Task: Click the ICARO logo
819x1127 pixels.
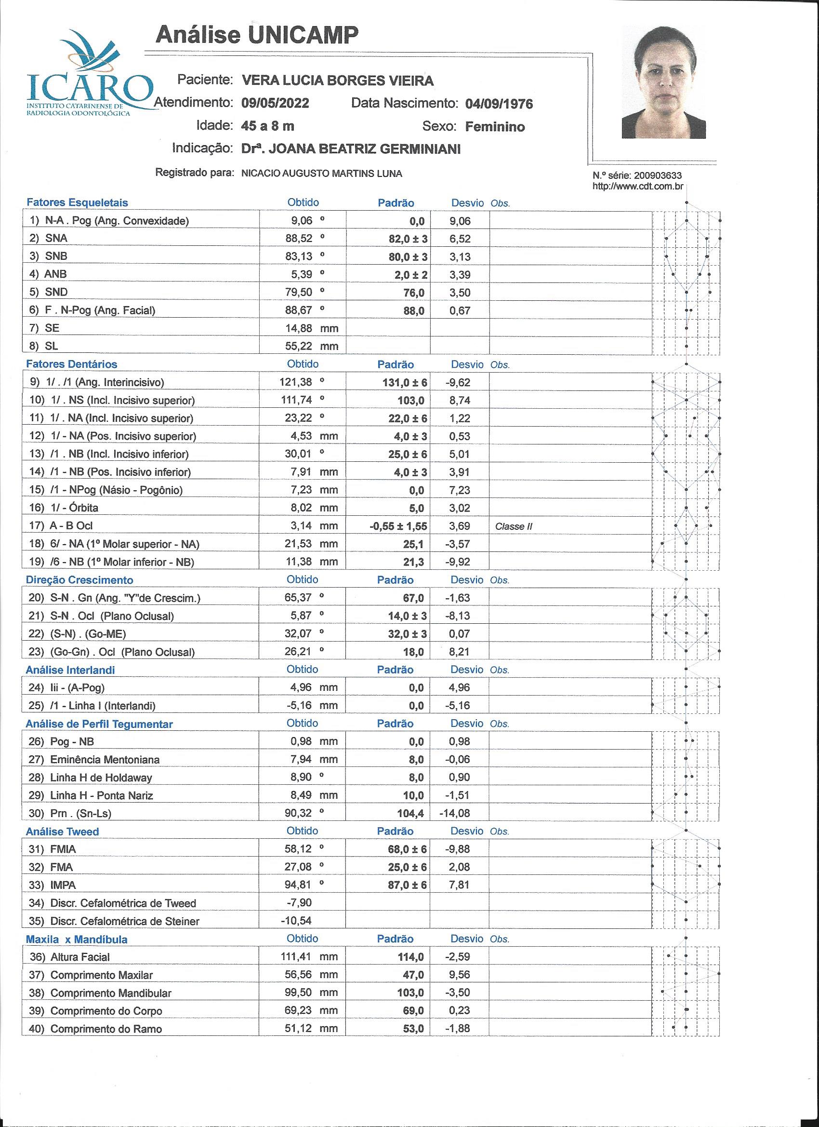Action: [90, 75]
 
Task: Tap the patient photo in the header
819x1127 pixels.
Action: [663, 82]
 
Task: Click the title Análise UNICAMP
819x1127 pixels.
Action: [257, 35]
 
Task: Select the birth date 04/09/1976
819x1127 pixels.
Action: [499, 103]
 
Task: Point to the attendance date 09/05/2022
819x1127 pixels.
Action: [275, 103]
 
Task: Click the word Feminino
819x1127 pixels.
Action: [495, 127]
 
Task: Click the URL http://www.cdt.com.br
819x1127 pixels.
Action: [638, 187]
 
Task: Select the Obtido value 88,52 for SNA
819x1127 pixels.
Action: [299, 239]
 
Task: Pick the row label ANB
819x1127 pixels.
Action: [55, 274]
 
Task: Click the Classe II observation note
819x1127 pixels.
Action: [514, 526]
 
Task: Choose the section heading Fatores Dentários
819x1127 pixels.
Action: [71, 364]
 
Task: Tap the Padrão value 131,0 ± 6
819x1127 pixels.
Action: [407, 383]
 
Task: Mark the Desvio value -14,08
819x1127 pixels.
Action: [454, 814]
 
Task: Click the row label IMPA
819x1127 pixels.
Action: [63, 885]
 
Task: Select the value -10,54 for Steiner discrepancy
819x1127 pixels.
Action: [296, 921]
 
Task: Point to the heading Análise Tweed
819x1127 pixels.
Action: [62, 832]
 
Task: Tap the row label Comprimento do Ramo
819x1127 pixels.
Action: [106, 1029]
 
